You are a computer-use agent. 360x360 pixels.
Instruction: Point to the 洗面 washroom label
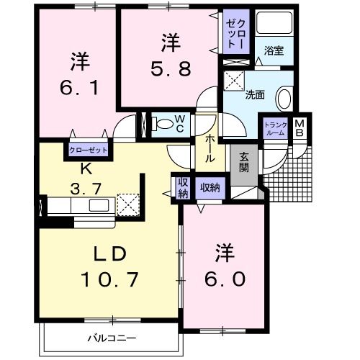254,94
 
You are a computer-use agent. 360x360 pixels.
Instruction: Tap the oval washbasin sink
283,99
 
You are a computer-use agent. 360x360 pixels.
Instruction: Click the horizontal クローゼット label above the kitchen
88,150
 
